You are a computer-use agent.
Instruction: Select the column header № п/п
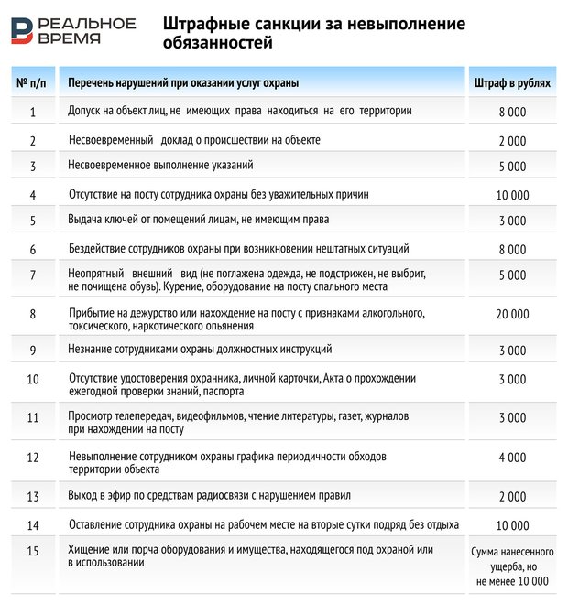32,83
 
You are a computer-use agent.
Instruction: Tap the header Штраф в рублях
512,83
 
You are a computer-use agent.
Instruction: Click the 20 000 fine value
512,314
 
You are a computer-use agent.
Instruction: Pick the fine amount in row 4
512,195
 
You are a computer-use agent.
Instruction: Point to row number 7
32,275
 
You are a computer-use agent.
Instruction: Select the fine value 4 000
512,457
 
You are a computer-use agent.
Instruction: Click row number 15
32,551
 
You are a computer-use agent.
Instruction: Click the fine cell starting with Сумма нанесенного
512,566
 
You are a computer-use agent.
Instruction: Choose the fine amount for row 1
512,112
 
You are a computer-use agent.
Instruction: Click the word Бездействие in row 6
101,248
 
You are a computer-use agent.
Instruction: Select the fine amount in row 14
512,525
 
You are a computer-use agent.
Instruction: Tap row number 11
32,418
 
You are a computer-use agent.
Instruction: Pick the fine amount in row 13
512,497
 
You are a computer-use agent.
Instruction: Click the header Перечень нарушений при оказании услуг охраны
183,83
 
